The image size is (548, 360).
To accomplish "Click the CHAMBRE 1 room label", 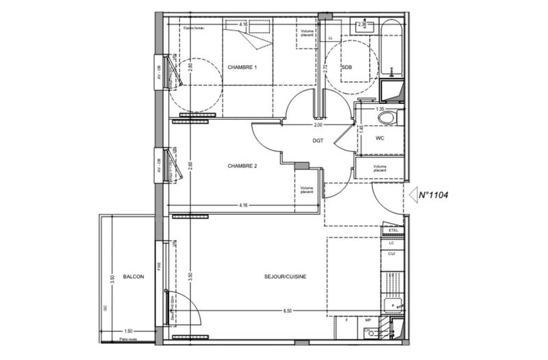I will [242, 68].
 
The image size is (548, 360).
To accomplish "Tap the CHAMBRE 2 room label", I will [242, 166].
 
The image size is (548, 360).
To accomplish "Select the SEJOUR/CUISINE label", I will [285, 277].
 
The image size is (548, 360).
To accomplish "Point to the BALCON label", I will [134, 277].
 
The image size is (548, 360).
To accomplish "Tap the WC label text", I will [381, 138].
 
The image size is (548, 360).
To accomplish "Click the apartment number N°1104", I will [434, 195].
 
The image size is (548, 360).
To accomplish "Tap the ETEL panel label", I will [393, 230].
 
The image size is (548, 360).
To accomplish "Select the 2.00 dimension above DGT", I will [319, 126].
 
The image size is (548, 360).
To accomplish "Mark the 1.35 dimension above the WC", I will [378, 109].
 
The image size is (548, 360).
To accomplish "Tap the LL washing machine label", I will [331, 37].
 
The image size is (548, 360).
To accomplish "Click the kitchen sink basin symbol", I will [392, 305].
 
